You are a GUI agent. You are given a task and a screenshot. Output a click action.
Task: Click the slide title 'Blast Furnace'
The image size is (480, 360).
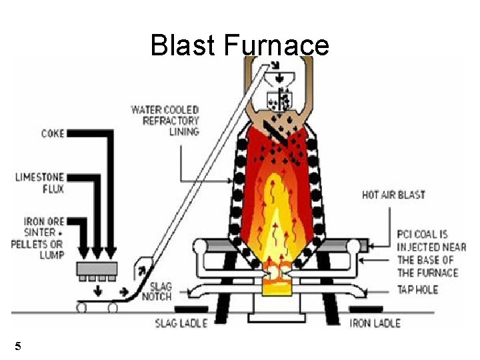click(x=239, y=45)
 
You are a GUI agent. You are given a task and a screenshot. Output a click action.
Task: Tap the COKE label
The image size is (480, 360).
click(x=53, y=133)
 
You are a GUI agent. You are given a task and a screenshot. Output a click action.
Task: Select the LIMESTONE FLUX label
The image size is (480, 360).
click(x=40, y=183)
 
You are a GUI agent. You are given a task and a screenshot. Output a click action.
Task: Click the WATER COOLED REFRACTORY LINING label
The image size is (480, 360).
click(x=165, y=121)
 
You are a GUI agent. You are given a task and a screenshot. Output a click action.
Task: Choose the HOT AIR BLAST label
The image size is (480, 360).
click(x=393, y=195)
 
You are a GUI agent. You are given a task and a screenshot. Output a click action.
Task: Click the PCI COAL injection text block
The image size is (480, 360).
click(x=431, y=253)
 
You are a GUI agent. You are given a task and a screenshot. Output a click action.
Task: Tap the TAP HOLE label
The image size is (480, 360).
click(x=418, y=290)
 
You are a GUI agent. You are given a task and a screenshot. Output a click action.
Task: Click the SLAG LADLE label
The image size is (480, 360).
click(x=181, y=323)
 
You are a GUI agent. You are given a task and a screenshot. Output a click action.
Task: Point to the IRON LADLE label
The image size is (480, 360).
click(x=375, y=323)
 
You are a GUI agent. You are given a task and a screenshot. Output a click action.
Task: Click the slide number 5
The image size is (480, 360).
click(x=18, y=346)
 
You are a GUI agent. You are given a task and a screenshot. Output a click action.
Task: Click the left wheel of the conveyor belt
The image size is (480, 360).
click(x=82, y=307)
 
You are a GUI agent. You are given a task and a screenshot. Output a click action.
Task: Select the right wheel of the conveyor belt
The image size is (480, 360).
click(x=113, y=307)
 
